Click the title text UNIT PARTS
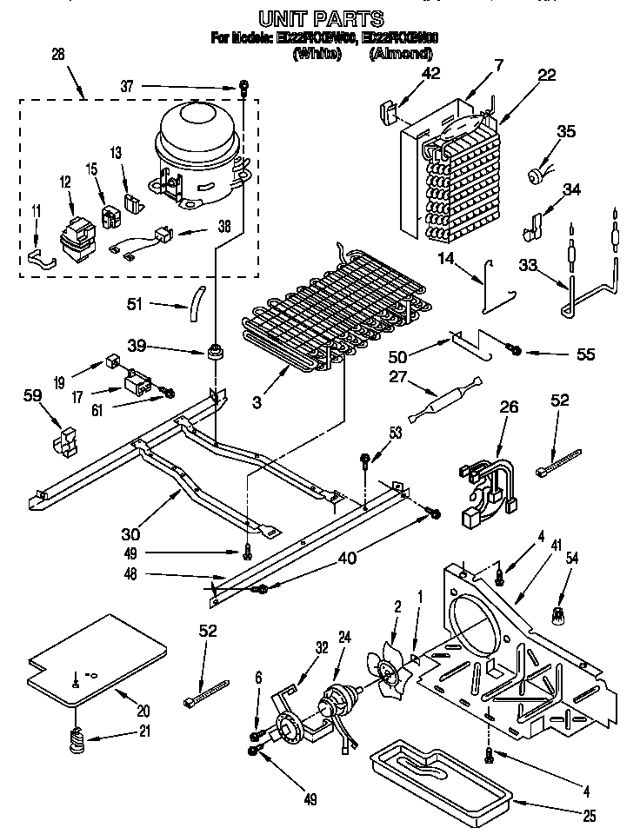pos(322,17)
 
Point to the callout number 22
pos(546,76)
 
